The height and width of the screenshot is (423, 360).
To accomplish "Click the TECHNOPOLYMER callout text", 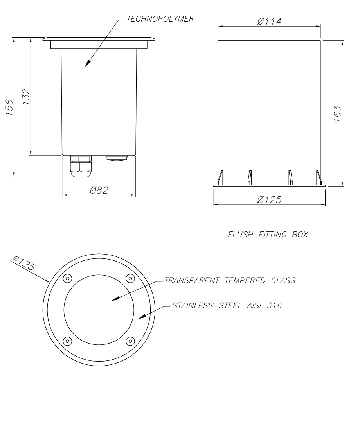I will (x=160, y=19).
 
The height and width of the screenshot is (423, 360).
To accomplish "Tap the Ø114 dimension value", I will (x=269, y=22).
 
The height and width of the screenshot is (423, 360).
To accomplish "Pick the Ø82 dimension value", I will (x=99, y=190).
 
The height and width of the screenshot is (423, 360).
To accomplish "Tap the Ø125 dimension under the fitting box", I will (x=269, y=199).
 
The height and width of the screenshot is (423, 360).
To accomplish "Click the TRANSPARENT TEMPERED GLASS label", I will (x=230, y=280).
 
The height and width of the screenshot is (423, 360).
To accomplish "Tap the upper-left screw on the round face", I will (x=67, y=278).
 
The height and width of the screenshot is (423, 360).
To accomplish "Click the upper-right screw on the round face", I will (x=130, y=278).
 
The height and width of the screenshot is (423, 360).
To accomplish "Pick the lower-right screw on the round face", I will (x=130, y=341).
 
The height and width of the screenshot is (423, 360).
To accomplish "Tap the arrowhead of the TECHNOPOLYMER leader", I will (x=86, y=65).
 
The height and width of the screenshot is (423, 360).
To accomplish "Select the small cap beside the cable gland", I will (x=117, y=158).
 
